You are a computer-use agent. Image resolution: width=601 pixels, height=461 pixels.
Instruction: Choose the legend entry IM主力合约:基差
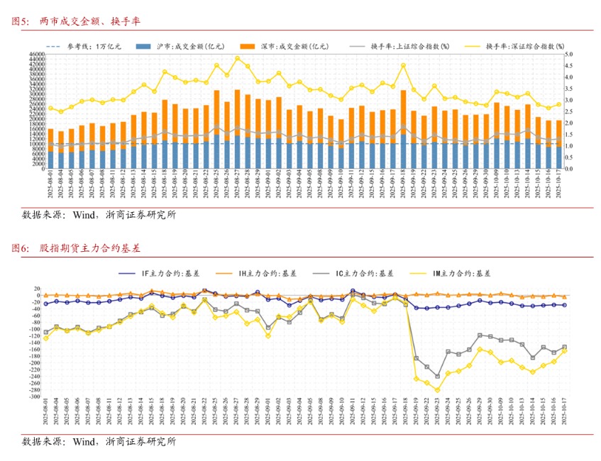465,272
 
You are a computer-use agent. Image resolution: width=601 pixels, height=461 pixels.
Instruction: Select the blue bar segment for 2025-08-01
50,160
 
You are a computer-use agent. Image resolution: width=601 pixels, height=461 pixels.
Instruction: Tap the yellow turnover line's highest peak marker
237,58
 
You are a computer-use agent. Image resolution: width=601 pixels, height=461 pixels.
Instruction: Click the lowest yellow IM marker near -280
437,390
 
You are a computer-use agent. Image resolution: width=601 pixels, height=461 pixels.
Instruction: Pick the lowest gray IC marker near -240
437,376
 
